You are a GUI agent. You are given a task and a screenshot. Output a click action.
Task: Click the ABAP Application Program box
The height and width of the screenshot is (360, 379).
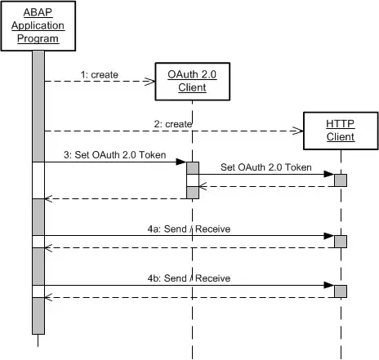[x=38, y=26]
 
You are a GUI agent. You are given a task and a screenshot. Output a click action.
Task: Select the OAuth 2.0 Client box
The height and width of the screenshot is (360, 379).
[x=193, y=82]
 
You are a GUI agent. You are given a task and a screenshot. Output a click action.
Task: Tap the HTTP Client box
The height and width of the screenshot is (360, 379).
[x=341, y=131]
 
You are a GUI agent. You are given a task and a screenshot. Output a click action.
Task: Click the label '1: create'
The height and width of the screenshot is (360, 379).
[x=100, y=74]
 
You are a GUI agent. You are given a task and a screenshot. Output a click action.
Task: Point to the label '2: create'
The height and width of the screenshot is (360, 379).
[x=173, y=124]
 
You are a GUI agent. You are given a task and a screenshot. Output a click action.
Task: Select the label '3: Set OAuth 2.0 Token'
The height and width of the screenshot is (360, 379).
[x=115, y=155]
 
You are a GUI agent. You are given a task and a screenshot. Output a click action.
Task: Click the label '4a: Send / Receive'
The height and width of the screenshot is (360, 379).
[x=189, y=229]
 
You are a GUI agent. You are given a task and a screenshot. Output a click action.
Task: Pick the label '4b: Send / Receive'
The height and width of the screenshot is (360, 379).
[x=189, y=278]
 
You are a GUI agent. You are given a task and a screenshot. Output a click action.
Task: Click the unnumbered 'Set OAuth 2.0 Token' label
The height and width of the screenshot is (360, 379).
[x=266, y=167]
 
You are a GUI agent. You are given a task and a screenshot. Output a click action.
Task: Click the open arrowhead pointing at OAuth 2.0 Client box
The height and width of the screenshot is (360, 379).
[x=149, y=81]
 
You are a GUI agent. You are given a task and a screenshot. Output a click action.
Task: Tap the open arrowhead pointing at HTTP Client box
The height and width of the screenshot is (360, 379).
[x=298, y=131]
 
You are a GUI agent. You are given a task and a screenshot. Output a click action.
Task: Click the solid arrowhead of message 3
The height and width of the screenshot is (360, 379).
[x=181, y=162]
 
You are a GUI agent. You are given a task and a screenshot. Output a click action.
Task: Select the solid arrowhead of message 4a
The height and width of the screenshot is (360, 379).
[x=329, y=236]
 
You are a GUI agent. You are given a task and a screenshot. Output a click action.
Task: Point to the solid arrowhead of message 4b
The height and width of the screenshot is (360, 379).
[x=329, y=285]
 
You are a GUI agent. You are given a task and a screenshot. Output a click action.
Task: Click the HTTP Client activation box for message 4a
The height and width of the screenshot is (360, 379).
[x=341, y=242]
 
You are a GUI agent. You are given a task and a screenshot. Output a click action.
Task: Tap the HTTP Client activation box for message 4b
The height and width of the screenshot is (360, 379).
[x=341, y=291]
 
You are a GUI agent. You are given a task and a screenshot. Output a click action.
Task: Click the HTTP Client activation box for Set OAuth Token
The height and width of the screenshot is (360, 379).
[x=341, y=180]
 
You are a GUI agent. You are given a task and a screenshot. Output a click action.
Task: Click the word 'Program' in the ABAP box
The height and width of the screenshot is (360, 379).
[x=38, y=38]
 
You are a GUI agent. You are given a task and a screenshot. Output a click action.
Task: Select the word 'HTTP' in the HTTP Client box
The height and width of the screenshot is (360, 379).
[x=340, y=124]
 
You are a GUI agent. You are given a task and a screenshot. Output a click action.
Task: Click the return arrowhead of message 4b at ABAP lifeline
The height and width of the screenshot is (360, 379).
[x=48, y=297]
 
